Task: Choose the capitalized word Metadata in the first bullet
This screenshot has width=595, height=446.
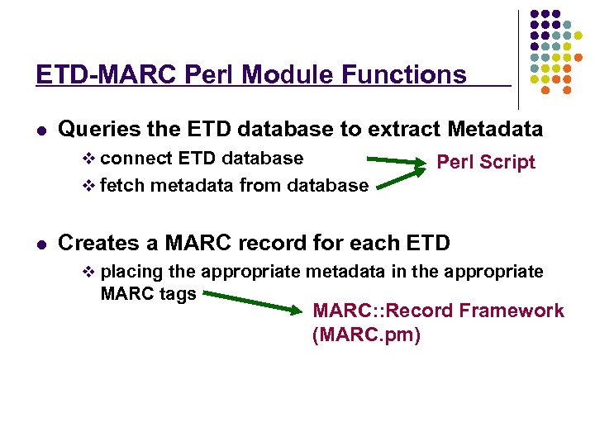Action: (495, 130)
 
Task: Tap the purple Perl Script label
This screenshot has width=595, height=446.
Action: (486, 163)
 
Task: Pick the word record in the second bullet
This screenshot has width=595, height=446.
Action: (278, 244)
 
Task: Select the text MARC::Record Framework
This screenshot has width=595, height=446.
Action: (438, 311)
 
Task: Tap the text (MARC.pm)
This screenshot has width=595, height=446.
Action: (366, 336)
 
